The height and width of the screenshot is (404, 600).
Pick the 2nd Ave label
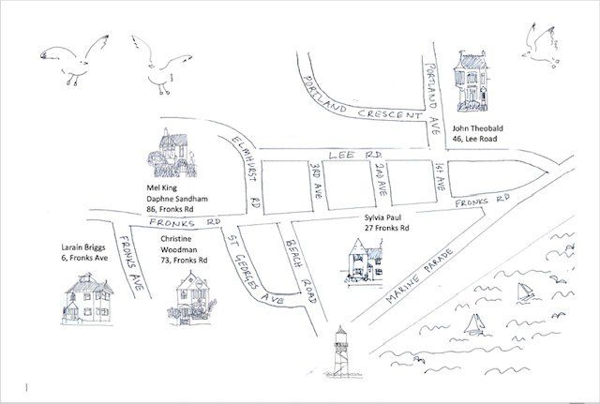(x=380, y=177)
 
